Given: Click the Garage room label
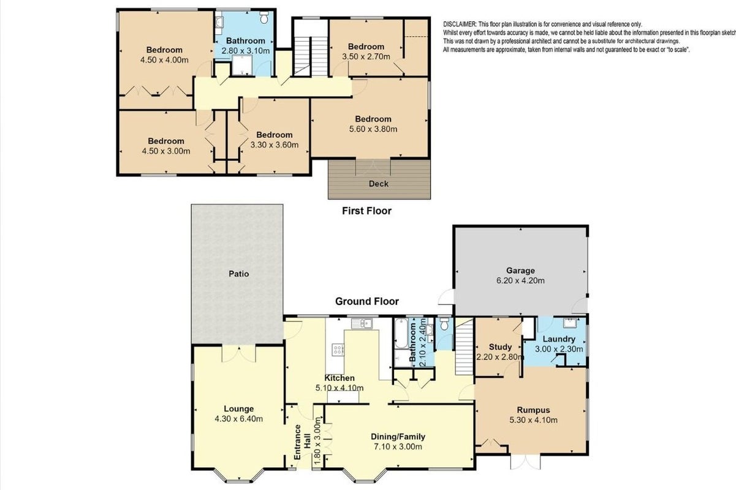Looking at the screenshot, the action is (x=520, y=271).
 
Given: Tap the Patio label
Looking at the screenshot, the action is (x=239, y=274).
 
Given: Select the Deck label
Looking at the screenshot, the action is (x=379, y=184).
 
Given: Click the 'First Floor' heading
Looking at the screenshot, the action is (x=366, y=211).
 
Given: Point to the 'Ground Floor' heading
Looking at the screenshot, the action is (x=367, y=301).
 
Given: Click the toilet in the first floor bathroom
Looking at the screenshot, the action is (x=264, y=17).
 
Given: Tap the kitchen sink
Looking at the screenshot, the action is (x=362, y=323).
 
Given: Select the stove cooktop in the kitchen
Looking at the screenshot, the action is (x=338, y=350).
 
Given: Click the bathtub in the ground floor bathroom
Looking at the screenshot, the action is (x=401, y=333).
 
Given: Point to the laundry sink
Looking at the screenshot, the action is (x=570, y=323).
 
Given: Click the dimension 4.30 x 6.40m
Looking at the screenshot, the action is (x=239, y=419).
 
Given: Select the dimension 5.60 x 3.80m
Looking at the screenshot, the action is (x=373, y=129).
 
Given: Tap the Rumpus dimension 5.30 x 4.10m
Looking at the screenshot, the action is (x=534, y=420).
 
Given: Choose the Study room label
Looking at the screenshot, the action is (x=500, y=347).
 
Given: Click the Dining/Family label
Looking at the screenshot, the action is (x=398, y=437).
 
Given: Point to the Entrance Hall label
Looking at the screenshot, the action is (x=302, y=442).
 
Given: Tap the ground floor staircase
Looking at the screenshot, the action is (x=464, y=347).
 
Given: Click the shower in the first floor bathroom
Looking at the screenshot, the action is (x=242, y=65).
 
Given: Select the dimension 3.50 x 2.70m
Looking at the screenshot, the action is (x=366, y=56).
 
